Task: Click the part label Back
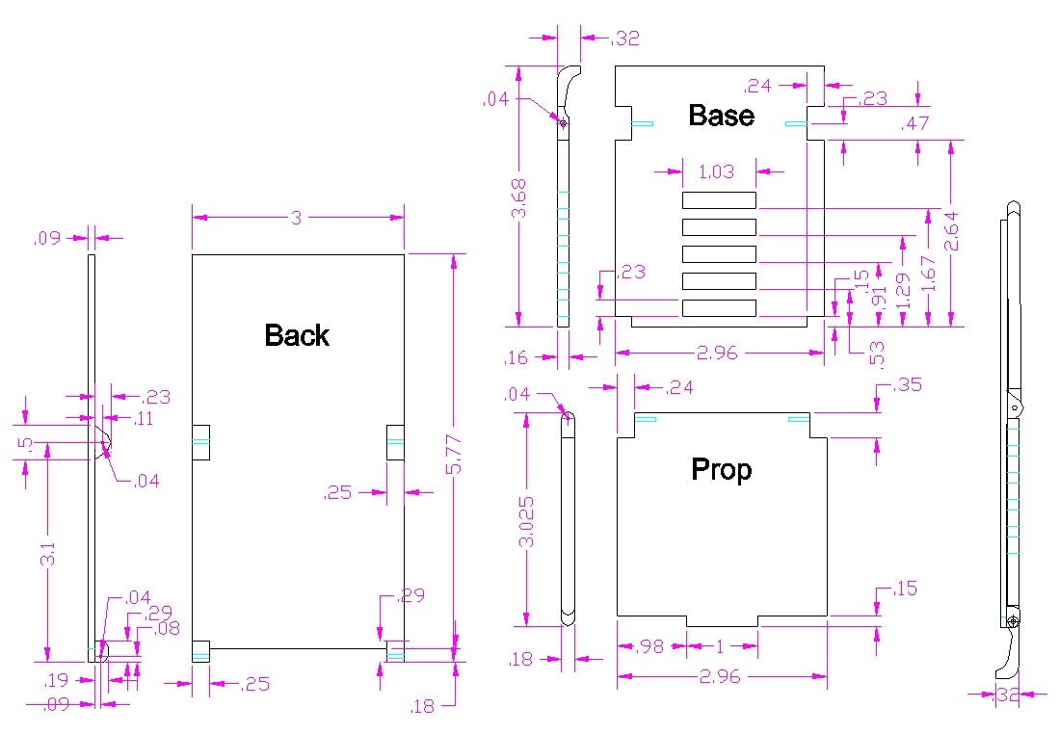297,335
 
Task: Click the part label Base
722,115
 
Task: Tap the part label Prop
722,469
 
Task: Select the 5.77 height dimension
454,455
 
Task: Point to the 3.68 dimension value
518,198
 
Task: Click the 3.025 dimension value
526,522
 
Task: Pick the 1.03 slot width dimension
717,171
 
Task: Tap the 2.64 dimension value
951,231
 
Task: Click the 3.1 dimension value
47,554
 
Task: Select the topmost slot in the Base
719,200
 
